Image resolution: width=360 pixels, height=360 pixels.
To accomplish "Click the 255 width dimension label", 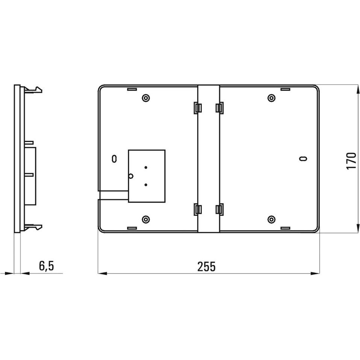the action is point(206,266).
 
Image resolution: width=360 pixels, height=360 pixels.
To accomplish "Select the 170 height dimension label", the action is point(351,161).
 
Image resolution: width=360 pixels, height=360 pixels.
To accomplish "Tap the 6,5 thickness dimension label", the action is point(46,266).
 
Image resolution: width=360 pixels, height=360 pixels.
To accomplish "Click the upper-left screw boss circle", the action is point(146,98).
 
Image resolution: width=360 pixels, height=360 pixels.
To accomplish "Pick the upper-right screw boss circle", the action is point(272,98).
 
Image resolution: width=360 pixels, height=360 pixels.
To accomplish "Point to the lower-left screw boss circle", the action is point(146,219).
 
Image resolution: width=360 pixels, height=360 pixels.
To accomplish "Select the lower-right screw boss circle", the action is point(272,219).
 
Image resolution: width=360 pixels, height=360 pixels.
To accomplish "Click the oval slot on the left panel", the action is point(114,159).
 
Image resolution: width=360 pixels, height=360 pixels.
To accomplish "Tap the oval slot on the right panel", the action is point(303,159).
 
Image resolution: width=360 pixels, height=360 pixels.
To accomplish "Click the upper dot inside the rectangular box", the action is point(146,167).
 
